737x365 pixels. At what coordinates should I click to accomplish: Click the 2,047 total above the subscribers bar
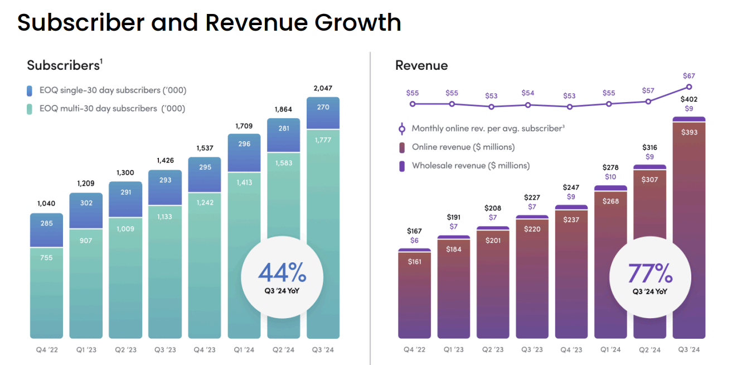tap(323, 88)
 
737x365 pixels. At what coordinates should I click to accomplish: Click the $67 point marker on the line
tap(689, 87)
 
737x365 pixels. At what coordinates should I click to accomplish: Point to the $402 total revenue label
tap(689, 99)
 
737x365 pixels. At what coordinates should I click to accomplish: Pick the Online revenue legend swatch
tap(402, 147)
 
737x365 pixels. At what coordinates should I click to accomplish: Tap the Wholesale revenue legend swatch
tap(402, 166)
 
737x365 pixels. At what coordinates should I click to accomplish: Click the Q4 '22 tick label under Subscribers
tap(46, 350)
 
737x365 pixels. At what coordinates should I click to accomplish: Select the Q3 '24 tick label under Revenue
tap(689, 350)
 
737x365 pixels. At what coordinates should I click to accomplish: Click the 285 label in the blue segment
tap(46, 223)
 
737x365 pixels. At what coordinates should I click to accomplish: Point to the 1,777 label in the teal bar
tap(323, 140)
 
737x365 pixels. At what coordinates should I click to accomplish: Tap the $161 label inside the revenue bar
tap(414, 261)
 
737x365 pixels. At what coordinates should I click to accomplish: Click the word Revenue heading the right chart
tap(421, 65)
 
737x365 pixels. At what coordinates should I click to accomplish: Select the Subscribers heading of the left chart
tap(63, 65)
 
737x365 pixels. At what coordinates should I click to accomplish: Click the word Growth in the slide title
tap(357, 22)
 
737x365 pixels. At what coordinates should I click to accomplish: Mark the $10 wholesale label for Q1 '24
tap(610, 177)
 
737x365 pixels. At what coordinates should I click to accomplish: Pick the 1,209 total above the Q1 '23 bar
tap(86, 183)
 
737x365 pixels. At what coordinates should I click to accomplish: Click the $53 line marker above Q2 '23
tap(491, 107)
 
